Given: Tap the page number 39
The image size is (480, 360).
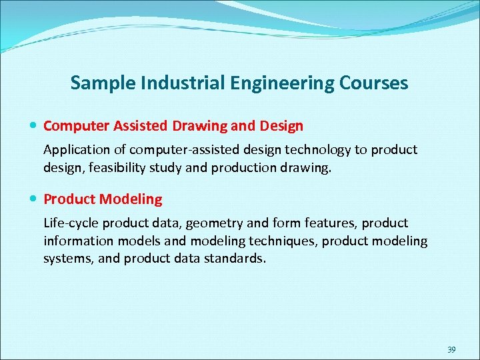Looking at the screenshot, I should coord(451,349).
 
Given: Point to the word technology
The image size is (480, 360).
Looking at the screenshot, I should coord(315,149).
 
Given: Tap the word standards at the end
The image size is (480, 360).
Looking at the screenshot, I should coord(237,258).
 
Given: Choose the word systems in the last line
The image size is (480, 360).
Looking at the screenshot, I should coord(67,258).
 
